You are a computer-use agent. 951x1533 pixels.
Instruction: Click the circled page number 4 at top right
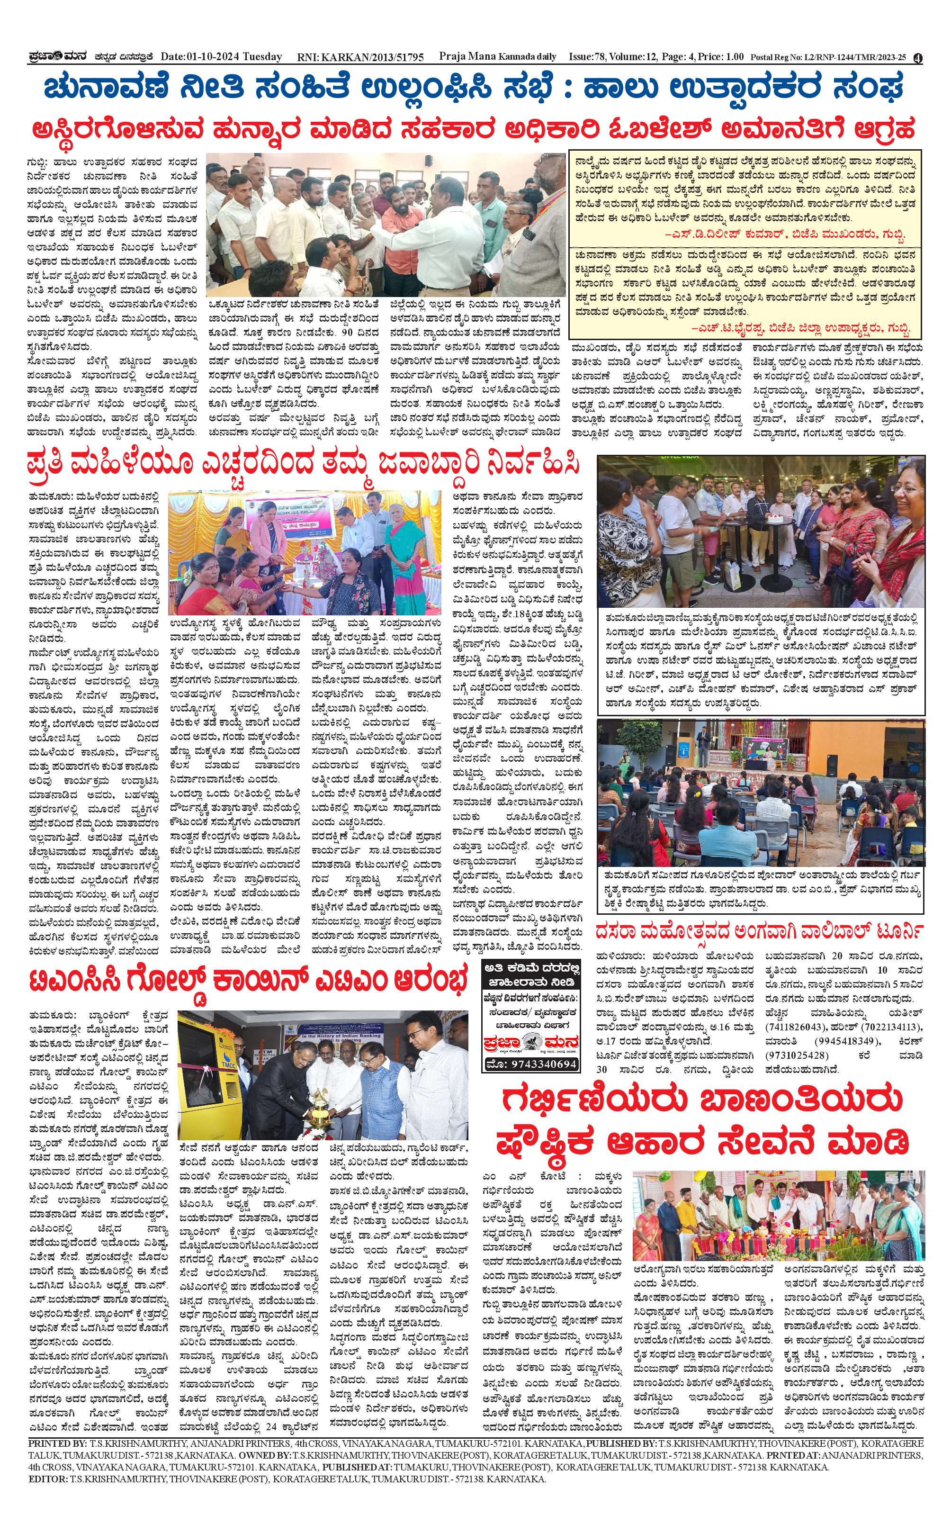pyautogui.click(x=918, y=58)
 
